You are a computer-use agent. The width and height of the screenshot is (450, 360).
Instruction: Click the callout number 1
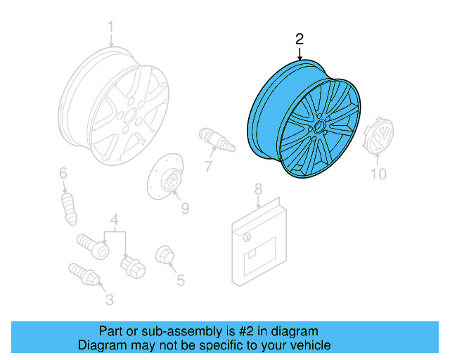pyautogui.click(x=110, y=27)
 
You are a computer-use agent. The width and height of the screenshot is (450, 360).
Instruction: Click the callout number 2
pyautogui.click(x=299, y=39)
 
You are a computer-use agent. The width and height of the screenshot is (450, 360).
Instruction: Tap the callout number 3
pyautogui.click(x=109, y=301)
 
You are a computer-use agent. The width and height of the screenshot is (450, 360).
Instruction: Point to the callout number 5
pyautogui.click(x=181, y=281)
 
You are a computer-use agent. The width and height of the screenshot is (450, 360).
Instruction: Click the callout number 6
pyautogui.click(x=63, y=173)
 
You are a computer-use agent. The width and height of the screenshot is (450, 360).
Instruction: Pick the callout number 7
pyautogui.click(x=209, y=166)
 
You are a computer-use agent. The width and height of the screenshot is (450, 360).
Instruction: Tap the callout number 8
pyautogui.click(x=258, y=188)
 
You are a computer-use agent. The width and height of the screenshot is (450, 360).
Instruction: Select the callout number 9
pyautogui.click(x=185, y=207)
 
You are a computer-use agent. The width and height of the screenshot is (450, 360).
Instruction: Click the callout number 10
pyautogui.click(x=378, y=174)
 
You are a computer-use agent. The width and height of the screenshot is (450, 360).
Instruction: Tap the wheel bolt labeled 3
pyautogui.click(x=83, y=274)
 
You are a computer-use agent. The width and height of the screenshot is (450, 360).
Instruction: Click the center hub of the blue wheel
pyautogui.click(x=318, y=127)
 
